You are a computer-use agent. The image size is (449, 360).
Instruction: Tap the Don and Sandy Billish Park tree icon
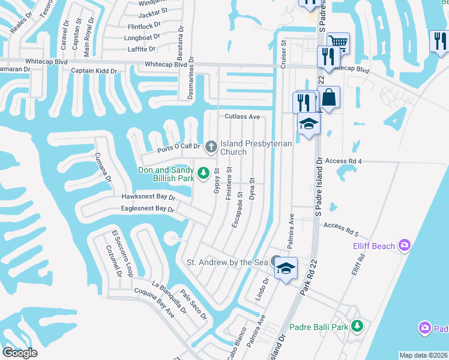coord(203,173)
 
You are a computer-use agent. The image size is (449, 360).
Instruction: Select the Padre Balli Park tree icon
coord(358,326)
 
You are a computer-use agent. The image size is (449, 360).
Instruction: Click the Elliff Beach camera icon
coord(405,245)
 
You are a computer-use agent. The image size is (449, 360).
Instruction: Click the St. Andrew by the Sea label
coord(226,262)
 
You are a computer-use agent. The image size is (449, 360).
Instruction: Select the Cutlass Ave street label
coord(242,116)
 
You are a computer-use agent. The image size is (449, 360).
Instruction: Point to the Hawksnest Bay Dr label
coord(148,196)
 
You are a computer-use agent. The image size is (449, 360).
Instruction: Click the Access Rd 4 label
coord(343,161)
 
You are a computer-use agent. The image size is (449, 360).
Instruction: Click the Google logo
coord(20,352)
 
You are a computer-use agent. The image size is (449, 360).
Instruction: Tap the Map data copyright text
coord(423,355)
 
